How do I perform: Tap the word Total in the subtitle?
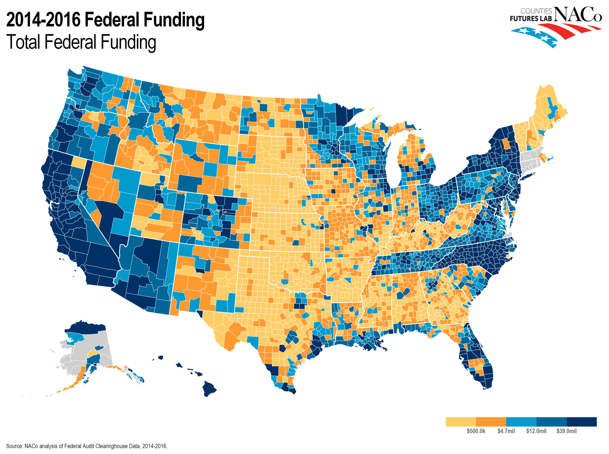click(24, 42)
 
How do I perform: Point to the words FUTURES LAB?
click(531, 19)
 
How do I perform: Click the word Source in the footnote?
click(14, 446)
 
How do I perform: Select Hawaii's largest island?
click(209, 388)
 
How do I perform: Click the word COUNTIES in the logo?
click(536, 11)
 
